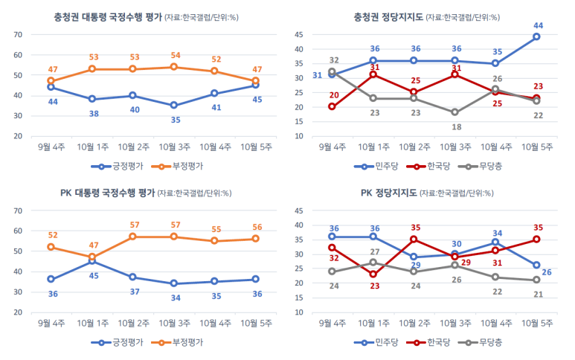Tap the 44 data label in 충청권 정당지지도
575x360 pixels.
(538, 25)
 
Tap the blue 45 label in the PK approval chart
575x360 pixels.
(94, 276)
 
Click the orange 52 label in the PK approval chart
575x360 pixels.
(53, 235)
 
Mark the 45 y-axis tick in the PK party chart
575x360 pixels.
(298, 210)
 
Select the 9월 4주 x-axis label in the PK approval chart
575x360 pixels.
(51, 323)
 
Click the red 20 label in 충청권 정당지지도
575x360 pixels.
(334, 95)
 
